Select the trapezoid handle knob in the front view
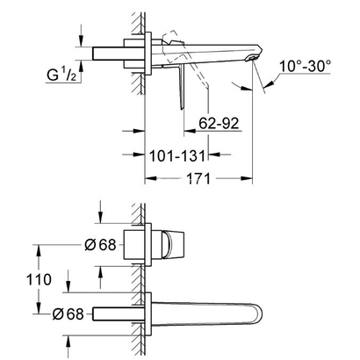click(x=172, y=244)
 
